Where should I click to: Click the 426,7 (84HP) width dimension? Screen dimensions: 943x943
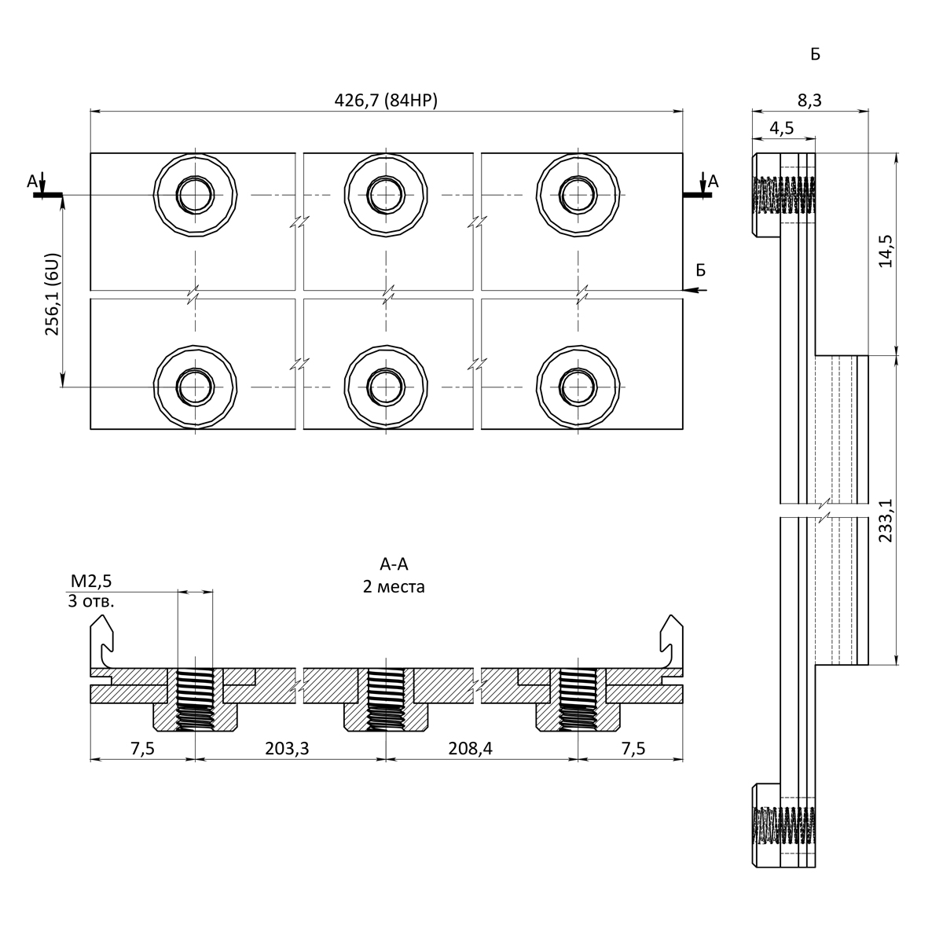tap(386, 101)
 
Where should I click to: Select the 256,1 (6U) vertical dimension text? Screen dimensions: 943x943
tap(52, 294)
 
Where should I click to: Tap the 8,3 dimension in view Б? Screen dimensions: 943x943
tap(809, 101)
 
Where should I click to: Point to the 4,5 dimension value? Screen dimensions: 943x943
tap(781, 128)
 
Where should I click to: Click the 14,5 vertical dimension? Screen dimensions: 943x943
tap(886, 251)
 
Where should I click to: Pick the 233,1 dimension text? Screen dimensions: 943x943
tap(886, 520)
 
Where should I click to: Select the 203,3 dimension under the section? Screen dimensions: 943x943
tap(287, 748)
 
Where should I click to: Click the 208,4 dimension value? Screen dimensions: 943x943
tap(470, 748)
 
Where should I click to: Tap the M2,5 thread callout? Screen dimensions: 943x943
tap(91, 581)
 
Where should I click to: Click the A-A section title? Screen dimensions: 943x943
tap(394, 564)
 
